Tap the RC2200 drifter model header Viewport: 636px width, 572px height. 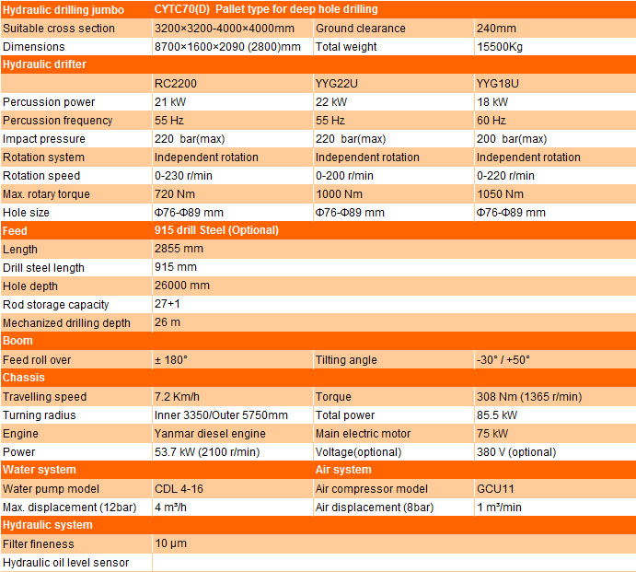[x=176, y=84]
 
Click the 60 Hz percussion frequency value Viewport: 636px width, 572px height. [x=491, y=121]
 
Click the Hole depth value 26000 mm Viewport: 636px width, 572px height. [x=182, y=286]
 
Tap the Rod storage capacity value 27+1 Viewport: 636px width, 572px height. [x=168, y=305]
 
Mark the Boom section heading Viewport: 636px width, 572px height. [x=18, y=341]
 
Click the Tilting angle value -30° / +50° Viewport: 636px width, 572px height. [x=503, y=360]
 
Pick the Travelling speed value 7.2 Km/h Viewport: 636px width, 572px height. [x=178, y=397]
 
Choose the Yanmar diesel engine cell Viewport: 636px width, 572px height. [x=210, y=434]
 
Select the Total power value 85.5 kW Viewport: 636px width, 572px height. [x=498, y=415]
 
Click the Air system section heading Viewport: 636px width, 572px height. [x=343, y=470]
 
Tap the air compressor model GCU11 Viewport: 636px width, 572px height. [x=494, y=489]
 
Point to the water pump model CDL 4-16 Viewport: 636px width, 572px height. [x=179, y=489]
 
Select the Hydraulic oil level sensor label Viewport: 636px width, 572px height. [x=66, y=563]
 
